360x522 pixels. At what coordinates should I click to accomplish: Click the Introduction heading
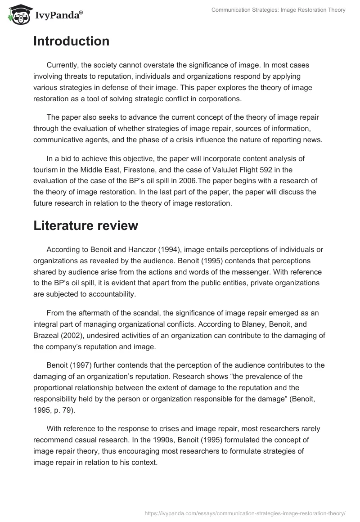71,41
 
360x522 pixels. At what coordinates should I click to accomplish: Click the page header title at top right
278,10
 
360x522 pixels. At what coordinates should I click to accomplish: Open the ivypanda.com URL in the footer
245,513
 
